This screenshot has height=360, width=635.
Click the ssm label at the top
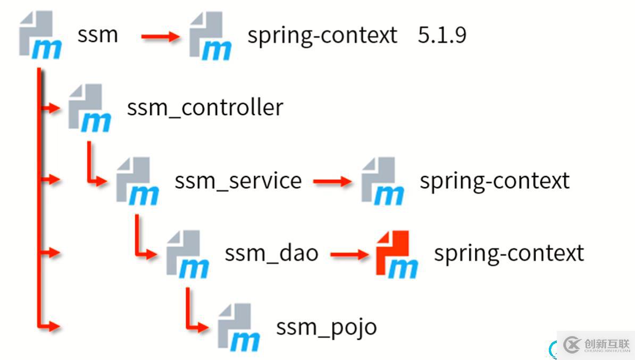(x=97, y=36)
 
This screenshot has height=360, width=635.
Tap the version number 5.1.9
(x=442, y=36)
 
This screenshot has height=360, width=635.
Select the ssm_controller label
(x=205, y=108)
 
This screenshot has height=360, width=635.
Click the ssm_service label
(x=238, y=181)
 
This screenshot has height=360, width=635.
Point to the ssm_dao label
(x=271, y=253)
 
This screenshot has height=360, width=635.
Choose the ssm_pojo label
(x=326, y=326)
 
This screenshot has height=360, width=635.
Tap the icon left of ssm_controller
(x=89, y=108)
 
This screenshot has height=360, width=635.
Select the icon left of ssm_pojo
(x=239, y=327)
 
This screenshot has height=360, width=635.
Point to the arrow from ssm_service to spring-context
(x=332, y=181)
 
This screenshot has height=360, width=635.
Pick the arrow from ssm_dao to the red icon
(x=349, y=254)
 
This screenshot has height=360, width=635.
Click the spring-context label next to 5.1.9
(x=322, y=36)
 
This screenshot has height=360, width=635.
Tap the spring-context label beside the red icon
(x=509, y=253)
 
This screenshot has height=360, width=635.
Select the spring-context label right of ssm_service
(x=495, y=181)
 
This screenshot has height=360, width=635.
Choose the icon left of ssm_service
(x=137, y=181)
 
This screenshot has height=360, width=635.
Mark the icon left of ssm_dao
(x=187, y=254)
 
